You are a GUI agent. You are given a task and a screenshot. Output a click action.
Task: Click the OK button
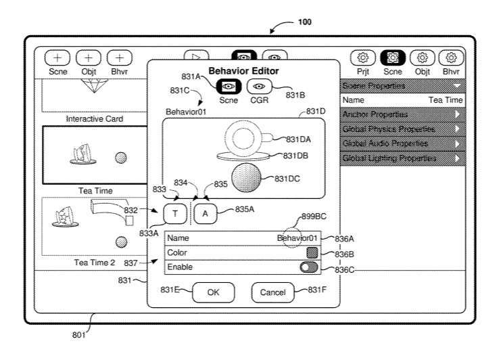213,292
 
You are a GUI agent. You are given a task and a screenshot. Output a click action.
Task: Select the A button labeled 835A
206,213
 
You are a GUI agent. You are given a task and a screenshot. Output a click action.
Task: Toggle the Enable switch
308,267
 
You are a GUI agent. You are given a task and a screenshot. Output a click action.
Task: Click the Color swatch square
312,252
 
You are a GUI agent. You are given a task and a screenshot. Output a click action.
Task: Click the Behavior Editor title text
243,70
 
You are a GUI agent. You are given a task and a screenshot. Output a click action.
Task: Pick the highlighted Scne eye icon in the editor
229,87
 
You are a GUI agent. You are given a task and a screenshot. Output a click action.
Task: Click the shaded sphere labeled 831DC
251,179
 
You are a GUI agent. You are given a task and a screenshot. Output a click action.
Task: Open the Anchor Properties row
402,114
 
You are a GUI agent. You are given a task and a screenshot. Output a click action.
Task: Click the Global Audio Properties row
402,143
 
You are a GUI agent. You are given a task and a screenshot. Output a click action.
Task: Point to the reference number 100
305,22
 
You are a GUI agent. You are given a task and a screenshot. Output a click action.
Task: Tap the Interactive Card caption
93,119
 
